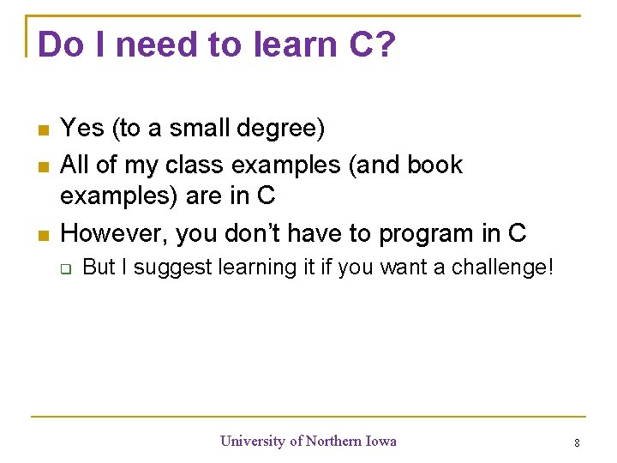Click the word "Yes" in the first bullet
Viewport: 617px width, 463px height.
tap(82, 129)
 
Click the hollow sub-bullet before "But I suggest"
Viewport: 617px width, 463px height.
tap(65, 268)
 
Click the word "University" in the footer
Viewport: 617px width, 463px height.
tap(253, 441)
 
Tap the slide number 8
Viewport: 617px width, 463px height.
tap(577, 443)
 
